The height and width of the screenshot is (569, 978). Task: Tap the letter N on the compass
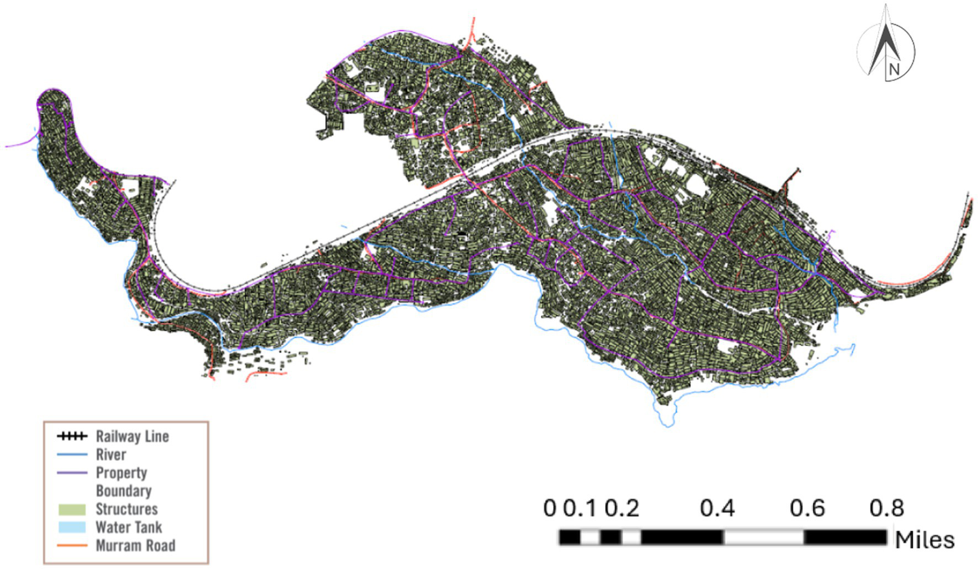click(x=894, y=69)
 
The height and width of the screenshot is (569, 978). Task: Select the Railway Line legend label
click(x=132, y=436)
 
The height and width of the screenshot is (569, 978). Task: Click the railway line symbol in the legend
click(x=71, y=436)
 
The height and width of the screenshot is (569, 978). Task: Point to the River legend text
click(x=111, y=454)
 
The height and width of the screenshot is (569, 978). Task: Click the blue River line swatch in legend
click(x=71, y=455)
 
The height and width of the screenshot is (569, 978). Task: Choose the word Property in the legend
click(x=121, y=473)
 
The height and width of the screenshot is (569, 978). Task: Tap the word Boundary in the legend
click(x=124, y=491)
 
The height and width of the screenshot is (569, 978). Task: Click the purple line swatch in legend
click(x=71, y=473)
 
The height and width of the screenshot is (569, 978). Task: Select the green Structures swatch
click(x=71, y=510)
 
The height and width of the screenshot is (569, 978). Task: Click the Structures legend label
click(x=126, y=509)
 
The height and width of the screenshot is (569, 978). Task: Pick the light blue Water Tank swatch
click(x=71, y=528)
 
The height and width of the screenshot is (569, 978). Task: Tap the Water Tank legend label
click(x=129, y=527)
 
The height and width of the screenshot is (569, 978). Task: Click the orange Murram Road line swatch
click(x=71, y=545)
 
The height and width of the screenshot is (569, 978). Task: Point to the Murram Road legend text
click(x=135, y=545)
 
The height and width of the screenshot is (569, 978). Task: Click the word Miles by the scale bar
click(x=924, y=540)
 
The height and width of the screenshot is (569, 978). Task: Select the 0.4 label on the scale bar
click(x=717, y=508)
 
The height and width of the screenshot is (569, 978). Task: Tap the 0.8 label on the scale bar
click(x=886, y=508)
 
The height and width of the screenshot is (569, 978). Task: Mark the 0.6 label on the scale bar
click(x=807, y=508)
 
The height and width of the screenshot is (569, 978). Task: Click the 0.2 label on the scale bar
click(x=622, y=508)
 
